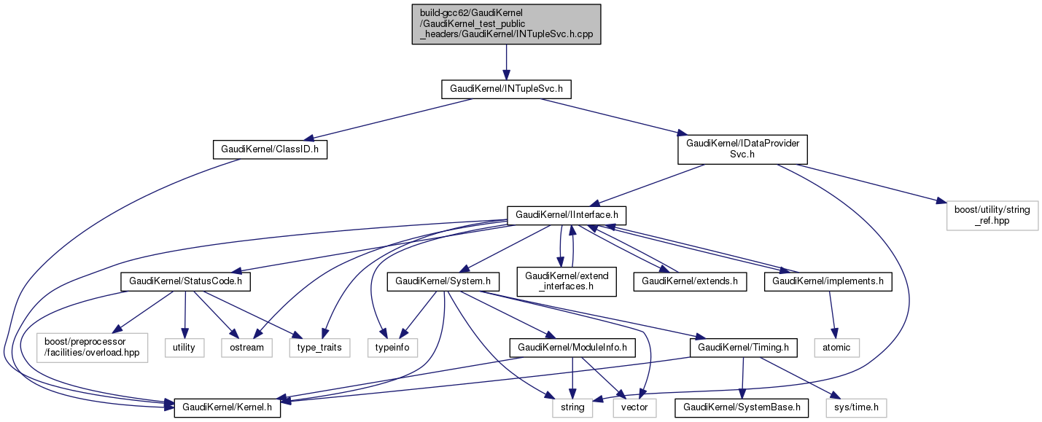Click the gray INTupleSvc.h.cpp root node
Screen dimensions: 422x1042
coord(506,24)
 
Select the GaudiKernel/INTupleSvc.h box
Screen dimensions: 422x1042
coord(506,90)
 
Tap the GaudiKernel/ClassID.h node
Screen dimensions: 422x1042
coord(270,150)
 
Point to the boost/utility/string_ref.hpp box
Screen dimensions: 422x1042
coord(992,215)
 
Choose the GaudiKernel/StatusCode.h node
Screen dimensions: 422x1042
coord(185,281)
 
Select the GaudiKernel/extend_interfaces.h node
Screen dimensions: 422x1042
coord(567,281)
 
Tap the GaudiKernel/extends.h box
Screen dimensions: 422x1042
coord(690,281)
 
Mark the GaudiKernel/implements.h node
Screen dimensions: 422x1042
coord(828,281)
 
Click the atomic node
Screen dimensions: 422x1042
coord(836,347)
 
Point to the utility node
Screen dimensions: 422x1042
coord(184,347)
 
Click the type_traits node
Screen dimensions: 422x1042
coord(320,347)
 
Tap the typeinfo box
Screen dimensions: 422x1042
coord(393,347)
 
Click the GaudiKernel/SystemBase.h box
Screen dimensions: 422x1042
coord(742,407)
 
